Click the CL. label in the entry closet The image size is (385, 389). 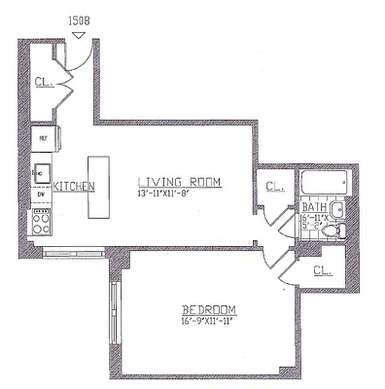[43, 84]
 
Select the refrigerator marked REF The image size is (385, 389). [43, 138]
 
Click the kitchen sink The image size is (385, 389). [41, 173]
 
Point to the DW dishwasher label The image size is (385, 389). [41, 194]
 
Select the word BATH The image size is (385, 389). [312, 207]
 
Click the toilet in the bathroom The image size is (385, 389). [329, 230]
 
